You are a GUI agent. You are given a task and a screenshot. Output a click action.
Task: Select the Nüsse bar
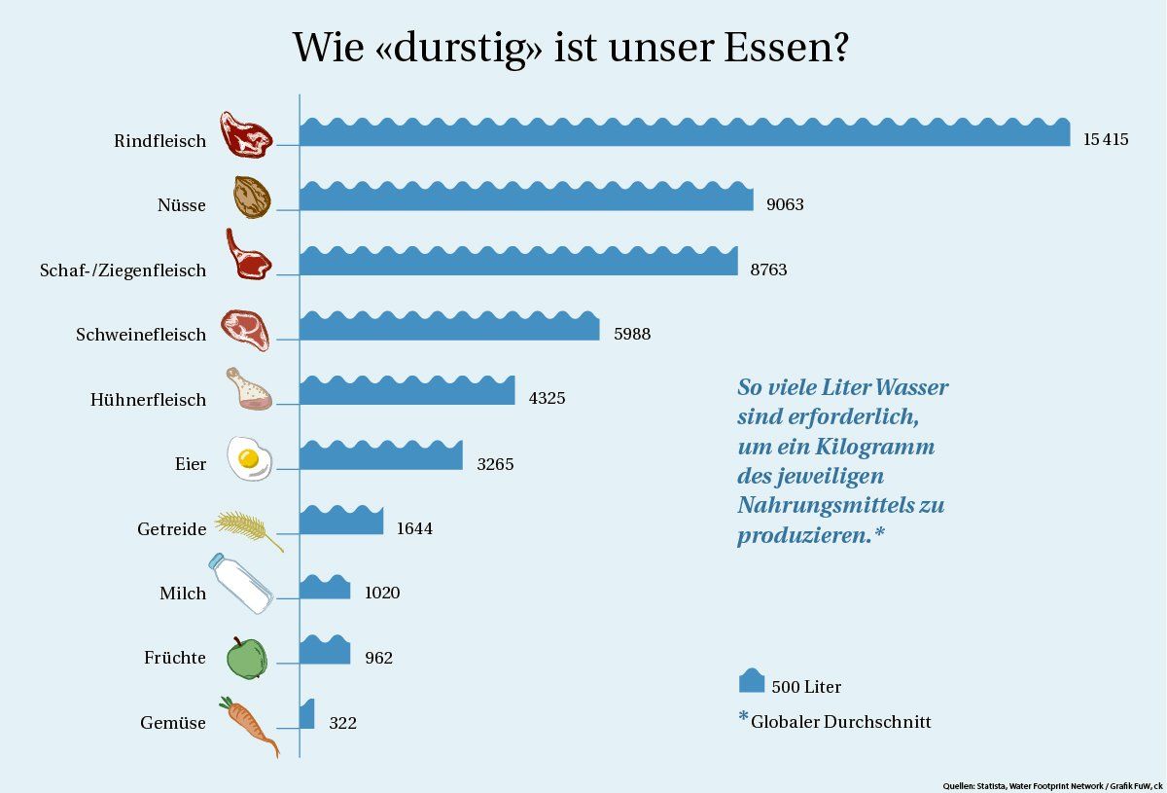[x=526, y=198]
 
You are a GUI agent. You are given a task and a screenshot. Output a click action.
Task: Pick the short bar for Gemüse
[x=307, y=715]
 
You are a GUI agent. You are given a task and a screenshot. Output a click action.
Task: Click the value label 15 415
[x=1106, y=139]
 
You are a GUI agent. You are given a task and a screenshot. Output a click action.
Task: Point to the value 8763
[x=768, y=270]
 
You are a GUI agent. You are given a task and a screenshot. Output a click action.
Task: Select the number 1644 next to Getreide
[x=414, y=528]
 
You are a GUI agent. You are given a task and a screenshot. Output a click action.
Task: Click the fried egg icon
[x=249, y=458]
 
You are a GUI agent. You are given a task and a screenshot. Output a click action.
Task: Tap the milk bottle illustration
[x=241, y=583]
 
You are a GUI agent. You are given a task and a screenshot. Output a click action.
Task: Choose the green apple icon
[x=246, y=658]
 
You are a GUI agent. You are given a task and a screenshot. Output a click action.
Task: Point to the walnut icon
[x=251, y=198]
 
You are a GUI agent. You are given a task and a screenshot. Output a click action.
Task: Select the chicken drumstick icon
[x=248, y=389]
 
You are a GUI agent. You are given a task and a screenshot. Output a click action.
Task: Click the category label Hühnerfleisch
[x=148, y=399]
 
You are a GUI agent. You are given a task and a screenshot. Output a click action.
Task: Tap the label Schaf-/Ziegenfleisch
[x=123, y=270]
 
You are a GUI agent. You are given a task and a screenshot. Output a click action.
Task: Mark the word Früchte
[x=175, y=658]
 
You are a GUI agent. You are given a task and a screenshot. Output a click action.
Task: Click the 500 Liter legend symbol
[x=752, y=681]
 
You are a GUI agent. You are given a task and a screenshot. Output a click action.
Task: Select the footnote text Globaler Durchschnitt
[x=840, y=722]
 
